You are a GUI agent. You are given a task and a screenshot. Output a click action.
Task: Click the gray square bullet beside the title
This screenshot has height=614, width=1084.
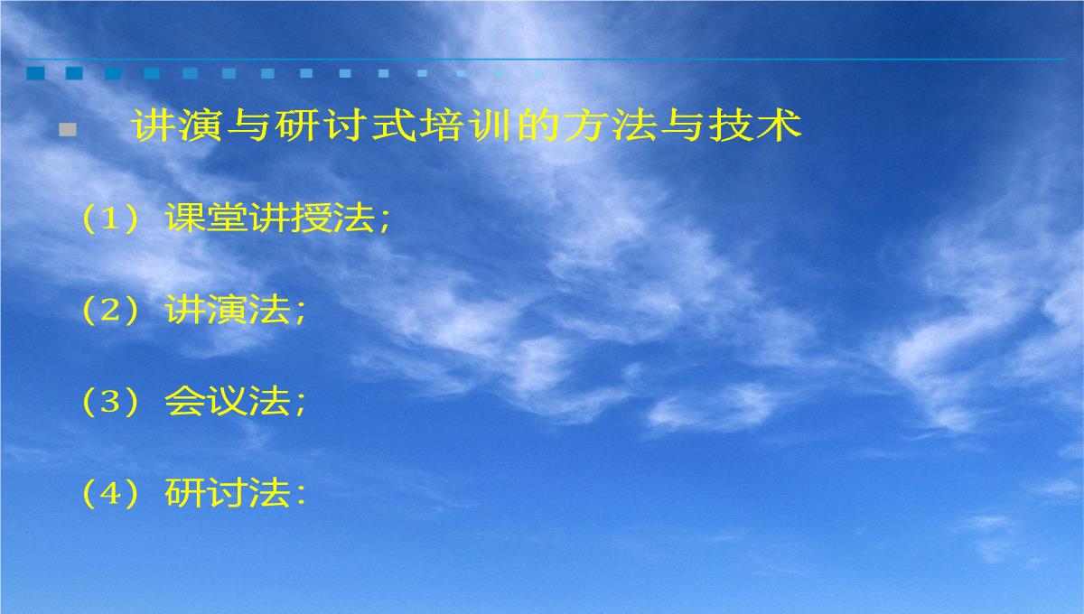click(68, 130)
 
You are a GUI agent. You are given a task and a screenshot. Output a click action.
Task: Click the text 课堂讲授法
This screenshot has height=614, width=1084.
click(269, 218)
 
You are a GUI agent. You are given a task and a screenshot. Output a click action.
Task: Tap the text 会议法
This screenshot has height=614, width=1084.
click(228, 401)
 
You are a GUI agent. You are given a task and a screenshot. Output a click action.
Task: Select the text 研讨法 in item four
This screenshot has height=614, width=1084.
click(228, 493)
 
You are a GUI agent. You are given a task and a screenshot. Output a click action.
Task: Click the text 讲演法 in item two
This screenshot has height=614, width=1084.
click(228, 310)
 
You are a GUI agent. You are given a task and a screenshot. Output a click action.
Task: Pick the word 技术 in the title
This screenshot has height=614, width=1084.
click(755, 126)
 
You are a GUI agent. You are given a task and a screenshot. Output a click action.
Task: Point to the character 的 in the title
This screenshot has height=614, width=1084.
click(538, 126)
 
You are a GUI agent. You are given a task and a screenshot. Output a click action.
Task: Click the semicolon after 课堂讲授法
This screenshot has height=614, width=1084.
click(385, 224)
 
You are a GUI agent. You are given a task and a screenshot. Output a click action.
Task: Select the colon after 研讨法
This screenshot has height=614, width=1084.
click(300, 497)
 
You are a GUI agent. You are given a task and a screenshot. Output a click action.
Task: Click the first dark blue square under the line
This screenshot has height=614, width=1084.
click(35, 73)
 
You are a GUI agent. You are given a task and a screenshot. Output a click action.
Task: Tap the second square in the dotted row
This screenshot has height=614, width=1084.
click(74, 73)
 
